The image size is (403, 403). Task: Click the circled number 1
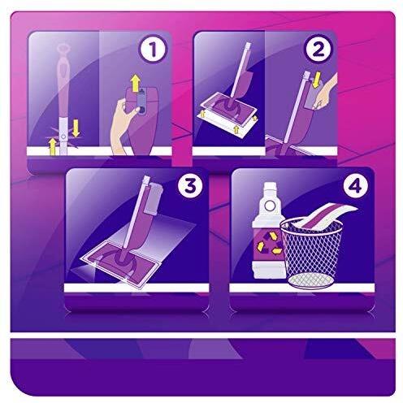153,50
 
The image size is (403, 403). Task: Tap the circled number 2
318,50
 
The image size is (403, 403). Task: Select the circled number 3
190,186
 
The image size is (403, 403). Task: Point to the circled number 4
356,186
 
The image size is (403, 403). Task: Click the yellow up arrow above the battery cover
136,82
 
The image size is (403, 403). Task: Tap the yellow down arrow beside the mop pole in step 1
76,128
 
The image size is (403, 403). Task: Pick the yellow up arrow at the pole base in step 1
53,147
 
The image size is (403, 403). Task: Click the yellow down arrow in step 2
316,80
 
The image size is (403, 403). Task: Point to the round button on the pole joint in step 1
63,137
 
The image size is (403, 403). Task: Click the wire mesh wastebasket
310,253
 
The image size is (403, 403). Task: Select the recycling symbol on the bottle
268,242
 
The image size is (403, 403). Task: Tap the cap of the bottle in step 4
269,187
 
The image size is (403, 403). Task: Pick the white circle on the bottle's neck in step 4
269,206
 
